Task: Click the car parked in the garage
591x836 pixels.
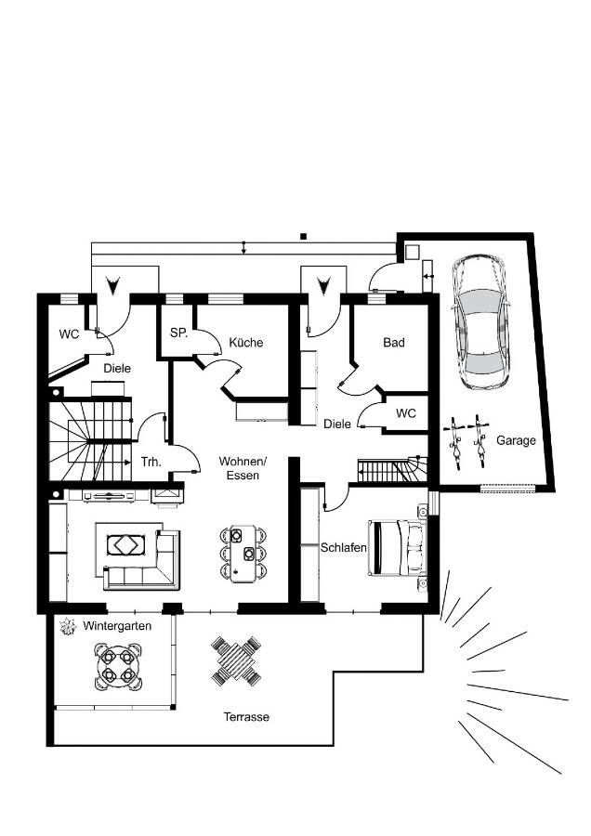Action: pos(481,321)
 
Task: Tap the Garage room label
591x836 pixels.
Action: pos(516,440)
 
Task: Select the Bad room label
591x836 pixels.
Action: pos(394,342)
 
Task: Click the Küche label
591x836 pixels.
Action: pos(246,342)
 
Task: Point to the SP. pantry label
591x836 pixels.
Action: pos(178,333)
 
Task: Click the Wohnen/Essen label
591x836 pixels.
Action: pos(243,468)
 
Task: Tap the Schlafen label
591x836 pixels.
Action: pos(344,547)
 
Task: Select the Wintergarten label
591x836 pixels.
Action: pos(117,626)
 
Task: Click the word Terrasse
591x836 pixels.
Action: pos(246,717)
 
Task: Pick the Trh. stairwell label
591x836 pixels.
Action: pos(151,462)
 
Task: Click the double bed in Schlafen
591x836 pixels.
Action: pos(398,548)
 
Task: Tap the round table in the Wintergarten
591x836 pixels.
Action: pos(118,666)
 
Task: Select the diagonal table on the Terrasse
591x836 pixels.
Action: pos(236,661)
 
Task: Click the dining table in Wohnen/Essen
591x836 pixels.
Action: pos(243,554)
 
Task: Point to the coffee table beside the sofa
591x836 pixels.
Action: pos(125,545)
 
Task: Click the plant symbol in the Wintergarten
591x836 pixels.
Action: pos(68,626)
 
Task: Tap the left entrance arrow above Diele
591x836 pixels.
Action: pos(112,285)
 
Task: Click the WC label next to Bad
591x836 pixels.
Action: pos(406,413)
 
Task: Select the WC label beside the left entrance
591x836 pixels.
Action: pos(69,334)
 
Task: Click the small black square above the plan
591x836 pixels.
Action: pos(304,236)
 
